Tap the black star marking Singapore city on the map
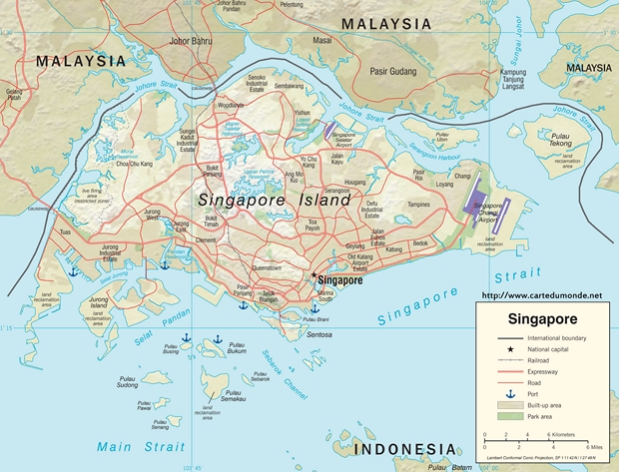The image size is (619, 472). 312,276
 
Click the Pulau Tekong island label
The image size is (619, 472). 568,140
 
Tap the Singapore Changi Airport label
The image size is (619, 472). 487,212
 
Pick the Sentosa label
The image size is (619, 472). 318,334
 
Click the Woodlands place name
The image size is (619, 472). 231,105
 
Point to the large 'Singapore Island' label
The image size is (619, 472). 274,200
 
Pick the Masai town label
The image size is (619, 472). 322,40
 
